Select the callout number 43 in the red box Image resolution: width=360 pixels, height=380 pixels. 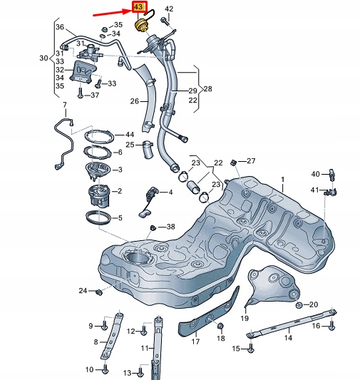click(x=137, y=8)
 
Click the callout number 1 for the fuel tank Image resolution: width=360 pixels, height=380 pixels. click(x=282, y=180)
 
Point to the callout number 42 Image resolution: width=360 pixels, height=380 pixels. click(x=168, y=9)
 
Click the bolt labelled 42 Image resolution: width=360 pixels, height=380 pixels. click(x=165, y=21)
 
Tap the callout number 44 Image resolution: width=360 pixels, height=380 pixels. click(x=129, y=135)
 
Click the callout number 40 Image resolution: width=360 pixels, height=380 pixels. click(x=314, y=174)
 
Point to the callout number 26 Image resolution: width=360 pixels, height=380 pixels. click(x=133, y=102)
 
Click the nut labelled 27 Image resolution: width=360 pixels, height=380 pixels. click(x=235, y=163)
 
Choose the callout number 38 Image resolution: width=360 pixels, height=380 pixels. click(x=170, y=227)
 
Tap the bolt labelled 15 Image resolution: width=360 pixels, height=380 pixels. click(x=252, y=349)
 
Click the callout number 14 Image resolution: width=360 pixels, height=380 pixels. click(x=288, y=339)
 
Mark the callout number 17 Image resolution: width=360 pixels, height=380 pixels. click(x=194, y=342)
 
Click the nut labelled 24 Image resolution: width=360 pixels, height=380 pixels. click(x=98, y=292)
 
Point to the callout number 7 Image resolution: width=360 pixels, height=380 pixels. click(x=63, y=106)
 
